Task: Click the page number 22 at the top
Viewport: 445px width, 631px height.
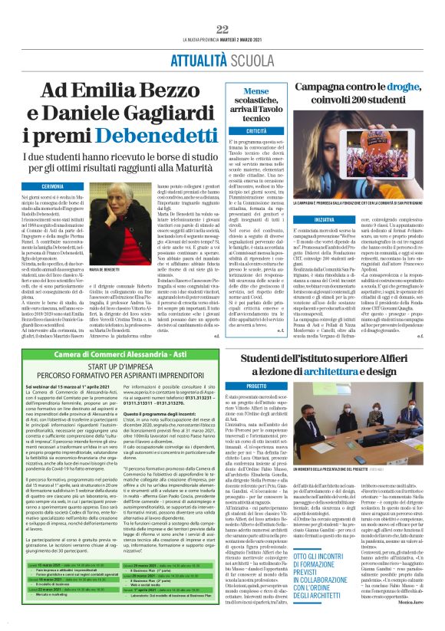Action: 222,28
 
